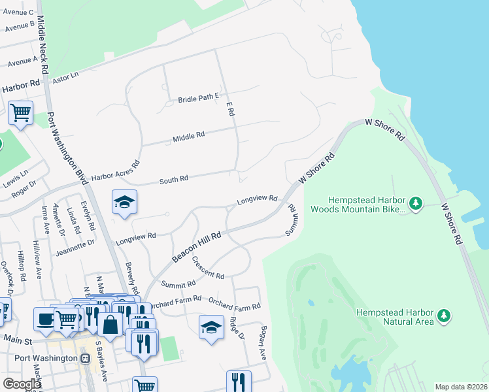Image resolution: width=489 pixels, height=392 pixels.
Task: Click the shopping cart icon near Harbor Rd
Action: click(x=20, y=114)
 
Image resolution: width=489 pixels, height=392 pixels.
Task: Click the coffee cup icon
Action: click(x=45, y=319)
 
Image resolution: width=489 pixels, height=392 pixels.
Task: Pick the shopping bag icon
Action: click(x=110, y=325)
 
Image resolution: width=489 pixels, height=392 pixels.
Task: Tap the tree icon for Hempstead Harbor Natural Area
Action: click(x=445, y=317)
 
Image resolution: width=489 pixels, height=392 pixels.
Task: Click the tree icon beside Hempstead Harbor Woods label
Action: click(x=416, y=204)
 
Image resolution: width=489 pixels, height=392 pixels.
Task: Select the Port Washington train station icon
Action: click(x=85, y=359)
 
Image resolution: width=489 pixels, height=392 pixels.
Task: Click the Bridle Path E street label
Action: click(x=198, y=98)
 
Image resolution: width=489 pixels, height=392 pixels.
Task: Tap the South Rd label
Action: click(x=174, y=178)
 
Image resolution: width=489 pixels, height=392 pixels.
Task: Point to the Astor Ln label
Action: click(x=65, y=76)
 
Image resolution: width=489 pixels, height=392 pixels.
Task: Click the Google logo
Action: click(x=22, y=384)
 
